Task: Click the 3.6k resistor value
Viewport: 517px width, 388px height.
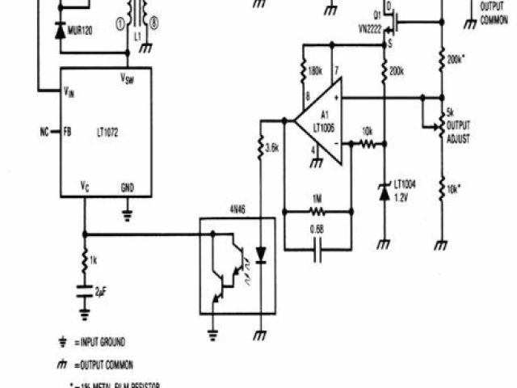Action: (x=273, y=148)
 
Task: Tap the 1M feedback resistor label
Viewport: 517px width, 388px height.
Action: (x=317, y=198)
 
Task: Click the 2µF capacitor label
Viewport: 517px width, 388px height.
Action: (x=101, y=290)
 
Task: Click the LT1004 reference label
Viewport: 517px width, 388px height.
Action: (x=405, y=184)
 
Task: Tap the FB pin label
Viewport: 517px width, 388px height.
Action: (x=68, y=130)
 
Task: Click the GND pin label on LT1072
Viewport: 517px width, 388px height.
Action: (x=128, y=187)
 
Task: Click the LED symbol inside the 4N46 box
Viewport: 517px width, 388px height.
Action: (x=260, y=253)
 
